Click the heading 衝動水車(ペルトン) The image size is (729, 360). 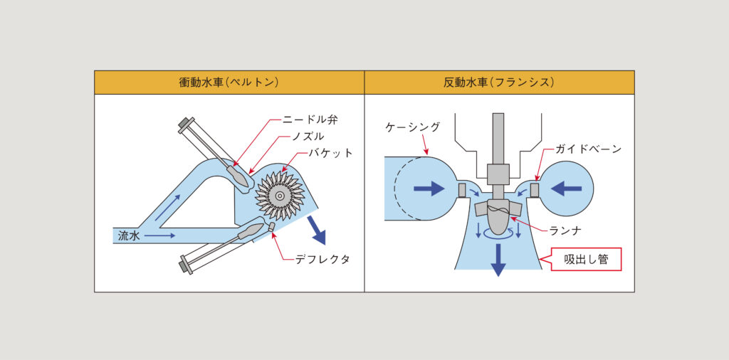(229, 83)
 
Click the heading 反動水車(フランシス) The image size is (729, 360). (499, 83)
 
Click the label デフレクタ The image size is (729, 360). (323, 259)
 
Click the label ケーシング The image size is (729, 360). (412, 127)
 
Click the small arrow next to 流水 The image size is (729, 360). (162, 233)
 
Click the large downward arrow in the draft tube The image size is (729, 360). (498, 259)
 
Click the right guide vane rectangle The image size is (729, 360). (535, 189)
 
